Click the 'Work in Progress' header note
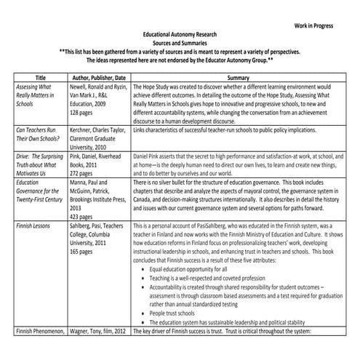313,25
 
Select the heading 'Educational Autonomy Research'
180,34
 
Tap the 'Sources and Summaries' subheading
180,43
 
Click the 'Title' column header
41,76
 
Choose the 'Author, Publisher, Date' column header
98,76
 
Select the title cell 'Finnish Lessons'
33,226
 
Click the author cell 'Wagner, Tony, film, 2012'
99,332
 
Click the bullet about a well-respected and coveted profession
206,279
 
